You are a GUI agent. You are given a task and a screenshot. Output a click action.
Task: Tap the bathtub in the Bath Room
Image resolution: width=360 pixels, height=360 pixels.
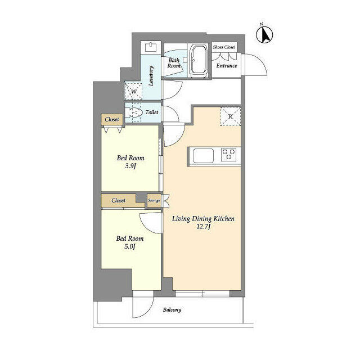pos(199,60)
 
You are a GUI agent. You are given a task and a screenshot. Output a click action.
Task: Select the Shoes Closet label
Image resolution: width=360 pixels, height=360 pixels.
pos(224,47)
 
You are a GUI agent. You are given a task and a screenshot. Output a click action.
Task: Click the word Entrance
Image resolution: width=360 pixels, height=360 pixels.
pos(227,66)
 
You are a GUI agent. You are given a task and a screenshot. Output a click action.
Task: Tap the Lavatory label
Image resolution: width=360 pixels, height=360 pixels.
pos(151,76)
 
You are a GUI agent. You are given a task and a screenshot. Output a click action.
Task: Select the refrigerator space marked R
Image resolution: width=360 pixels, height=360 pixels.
pos(230,116)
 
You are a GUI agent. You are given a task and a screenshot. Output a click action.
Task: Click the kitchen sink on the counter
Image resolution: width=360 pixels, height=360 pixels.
pos(202,154)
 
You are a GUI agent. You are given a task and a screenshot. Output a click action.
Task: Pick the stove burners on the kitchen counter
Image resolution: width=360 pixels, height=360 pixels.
pos(229,153)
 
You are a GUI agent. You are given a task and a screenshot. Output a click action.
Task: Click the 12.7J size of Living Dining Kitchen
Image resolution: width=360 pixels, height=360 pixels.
pos(202,227)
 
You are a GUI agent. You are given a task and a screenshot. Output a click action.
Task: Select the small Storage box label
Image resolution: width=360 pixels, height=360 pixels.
pos(154,200)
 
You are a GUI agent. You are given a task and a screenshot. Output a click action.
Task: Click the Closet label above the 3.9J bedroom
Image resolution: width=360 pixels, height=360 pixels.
pos(111,119)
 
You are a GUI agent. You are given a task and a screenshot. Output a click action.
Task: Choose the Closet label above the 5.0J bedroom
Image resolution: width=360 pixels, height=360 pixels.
pos(118,200)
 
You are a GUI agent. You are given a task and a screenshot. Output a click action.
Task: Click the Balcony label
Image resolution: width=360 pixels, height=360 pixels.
pos(172,310)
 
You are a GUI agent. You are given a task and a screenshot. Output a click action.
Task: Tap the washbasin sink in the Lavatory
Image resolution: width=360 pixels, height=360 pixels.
pos(150,47)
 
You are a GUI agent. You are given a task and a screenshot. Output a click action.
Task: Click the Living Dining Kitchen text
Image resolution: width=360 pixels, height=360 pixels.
pos(202,218)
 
